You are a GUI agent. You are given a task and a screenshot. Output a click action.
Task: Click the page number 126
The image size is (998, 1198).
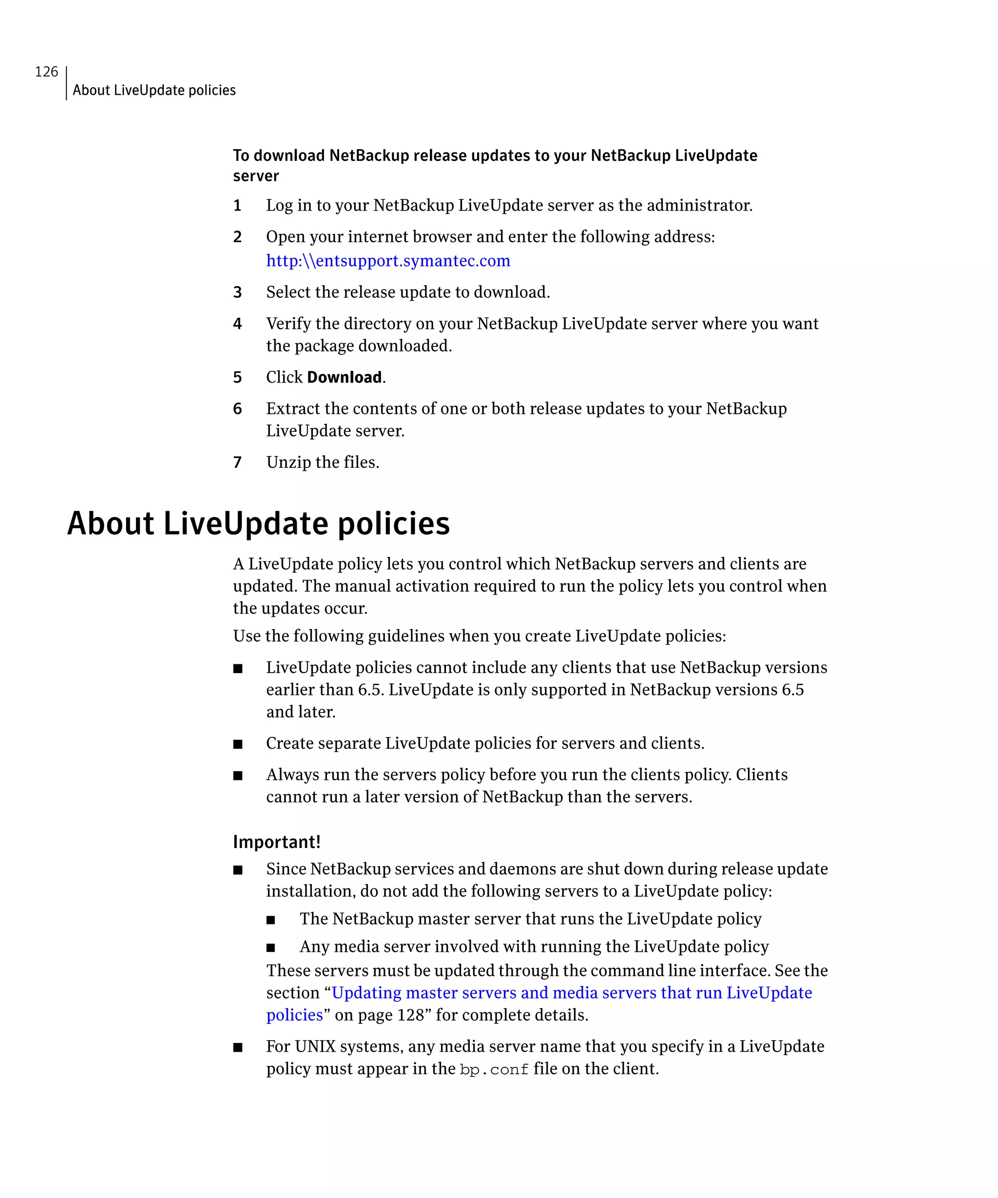46,72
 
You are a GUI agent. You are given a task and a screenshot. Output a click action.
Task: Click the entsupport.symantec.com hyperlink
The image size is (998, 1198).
388,261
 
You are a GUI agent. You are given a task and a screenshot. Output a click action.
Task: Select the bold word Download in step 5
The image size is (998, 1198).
344,377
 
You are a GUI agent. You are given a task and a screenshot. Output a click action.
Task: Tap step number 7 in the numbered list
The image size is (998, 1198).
237,462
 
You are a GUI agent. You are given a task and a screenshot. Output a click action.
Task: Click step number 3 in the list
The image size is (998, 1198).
237,292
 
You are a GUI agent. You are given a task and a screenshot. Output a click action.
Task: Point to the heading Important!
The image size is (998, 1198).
277,842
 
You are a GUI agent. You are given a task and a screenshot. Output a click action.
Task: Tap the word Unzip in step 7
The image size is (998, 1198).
288,462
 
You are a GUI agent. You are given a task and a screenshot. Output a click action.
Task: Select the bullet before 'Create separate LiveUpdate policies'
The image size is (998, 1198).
238,744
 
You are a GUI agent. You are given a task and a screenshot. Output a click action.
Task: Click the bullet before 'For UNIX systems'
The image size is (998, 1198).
238,1047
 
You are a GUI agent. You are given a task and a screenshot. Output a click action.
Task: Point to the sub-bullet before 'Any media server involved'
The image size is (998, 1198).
271,947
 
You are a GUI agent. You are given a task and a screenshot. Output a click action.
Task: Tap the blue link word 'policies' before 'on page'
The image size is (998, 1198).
294,1015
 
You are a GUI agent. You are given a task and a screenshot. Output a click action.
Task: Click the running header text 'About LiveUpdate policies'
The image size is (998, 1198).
154,90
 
